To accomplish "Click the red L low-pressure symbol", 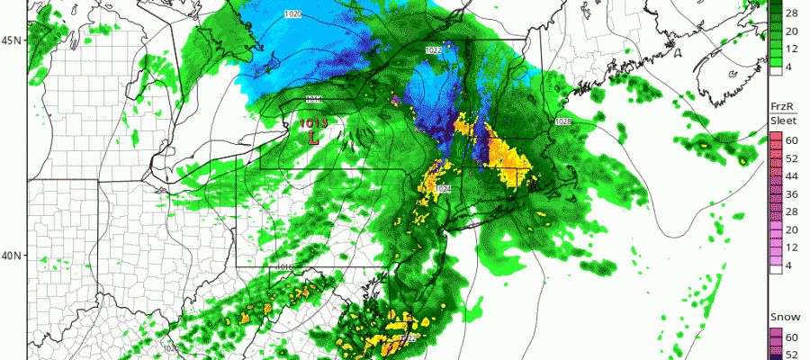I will point(312,139).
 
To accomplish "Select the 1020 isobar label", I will point(293,13).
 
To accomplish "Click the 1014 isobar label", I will point(315,99).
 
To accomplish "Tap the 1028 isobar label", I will point(563,121).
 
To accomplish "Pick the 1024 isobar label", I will point(442,189).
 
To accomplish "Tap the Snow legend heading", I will point(780,318).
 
